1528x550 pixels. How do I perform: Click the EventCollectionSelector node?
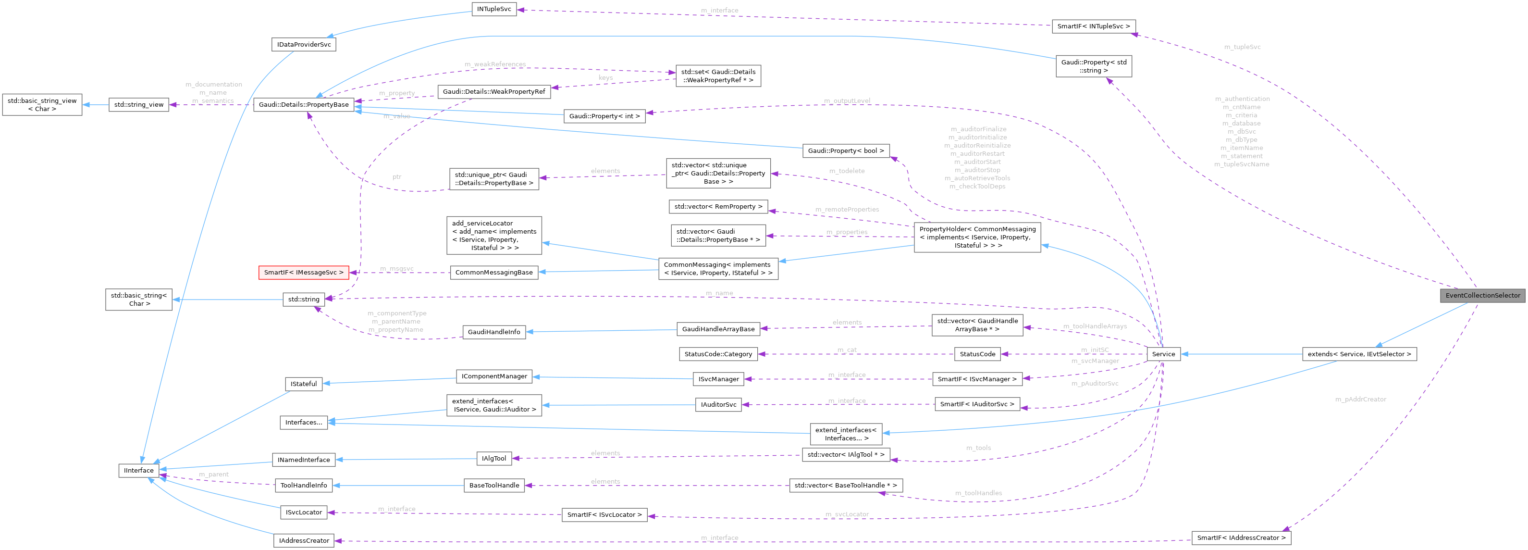1482,296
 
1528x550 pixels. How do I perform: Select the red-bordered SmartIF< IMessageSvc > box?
303,272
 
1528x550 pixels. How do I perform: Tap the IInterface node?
139,471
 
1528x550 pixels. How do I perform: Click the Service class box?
1163,354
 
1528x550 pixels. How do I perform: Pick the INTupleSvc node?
493,10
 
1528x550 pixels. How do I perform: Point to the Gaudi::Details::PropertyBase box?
304,105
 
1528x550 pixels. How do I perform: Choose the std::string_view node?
139,105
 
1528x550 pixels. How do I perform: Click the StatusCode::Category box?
718,354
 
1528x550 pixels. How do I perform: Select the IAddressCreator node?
304,540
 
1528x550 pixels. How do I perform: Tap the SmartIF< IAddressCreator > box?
1241,538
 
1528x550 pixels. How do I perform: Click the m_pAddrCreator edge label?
1360,400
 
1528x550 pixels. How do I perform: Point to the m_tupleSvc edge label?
1242,47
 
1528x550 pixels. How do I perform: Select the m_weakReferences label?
495,64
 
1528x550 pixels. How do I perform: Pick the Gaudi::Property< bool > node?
845,150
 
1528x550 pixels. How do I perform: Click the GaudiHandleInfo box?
493,332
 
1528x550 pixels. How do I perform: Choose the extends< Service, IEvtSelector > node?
1359,354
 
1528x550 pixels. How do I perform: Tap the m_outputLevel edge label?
847,101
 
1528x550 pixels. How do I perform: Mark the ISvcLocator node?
304,512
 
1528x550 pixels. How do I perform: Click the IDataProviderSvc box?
304,45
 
